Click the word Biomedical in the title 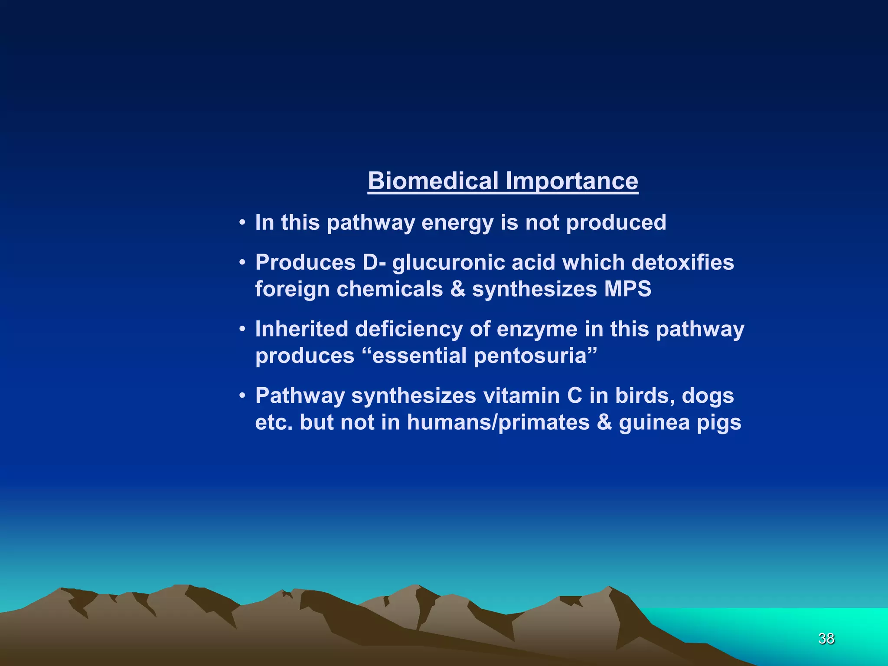(433, 181)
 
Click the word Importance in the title (572, 181)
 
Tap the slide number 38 (826, 638)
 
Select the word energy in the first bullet (457, 223)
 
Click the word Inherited (301, 329)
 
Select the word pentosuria (530, 356)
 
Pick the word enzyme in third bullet (537, 330)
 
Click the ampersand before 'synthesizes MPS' (457, 289)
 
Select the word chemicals (389, 289)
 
